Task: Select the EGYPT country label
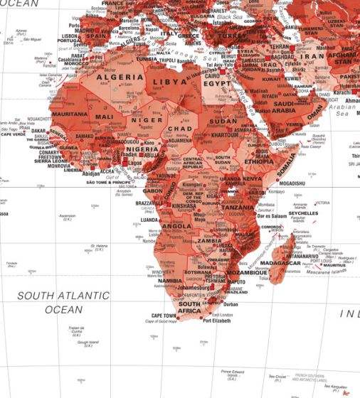(x=217, y=82)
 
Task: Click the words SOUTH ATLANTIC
(x=63, y=295)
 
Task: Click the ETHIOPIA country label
(x=258, y=161)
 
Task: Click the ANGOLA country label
(x=176, y=226)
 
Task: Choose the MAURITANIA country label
(x=69, y=114)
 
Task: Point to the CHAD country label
(x=179, y=129)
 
